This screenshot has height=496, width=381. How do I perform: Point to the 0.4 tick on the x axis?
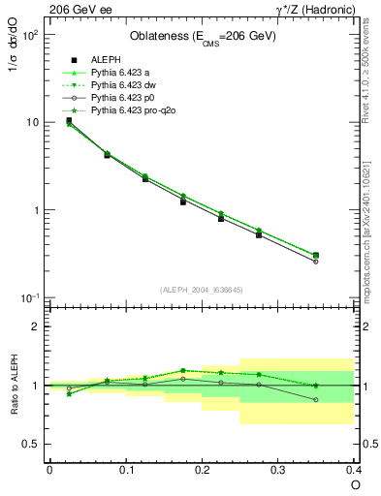point(354,469)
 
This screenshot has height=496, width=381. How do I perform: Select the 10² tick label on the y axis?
point(30,35)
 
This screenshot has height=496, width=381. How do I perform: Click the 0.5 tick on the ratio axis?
point(32,444)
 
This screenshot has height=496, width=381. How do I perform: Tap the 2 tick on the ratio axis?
point(36,326)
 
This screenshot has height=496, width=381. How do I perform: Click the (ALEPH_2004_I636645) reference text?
point(202,289)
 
